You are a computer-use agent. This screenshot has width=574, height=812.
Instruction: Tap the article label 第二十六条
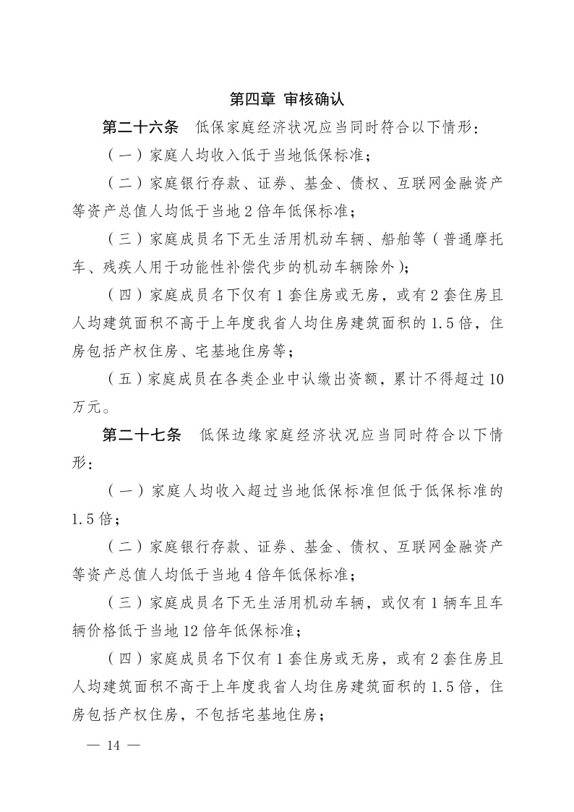140,128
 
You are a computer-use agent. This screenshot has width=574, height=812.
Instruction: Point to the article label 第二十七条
140,435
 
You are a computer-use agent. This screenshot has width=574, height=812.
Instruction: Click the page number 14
113,746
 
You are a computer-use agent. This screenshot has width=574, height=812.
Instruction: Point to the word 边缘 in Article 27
254,435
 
